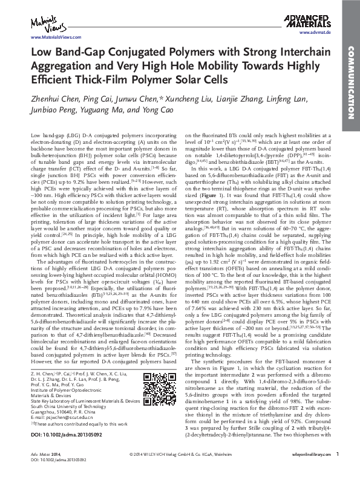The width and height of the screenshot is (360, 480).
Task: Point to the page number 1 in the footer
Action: pyautogui.click(x=337, y=470)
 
